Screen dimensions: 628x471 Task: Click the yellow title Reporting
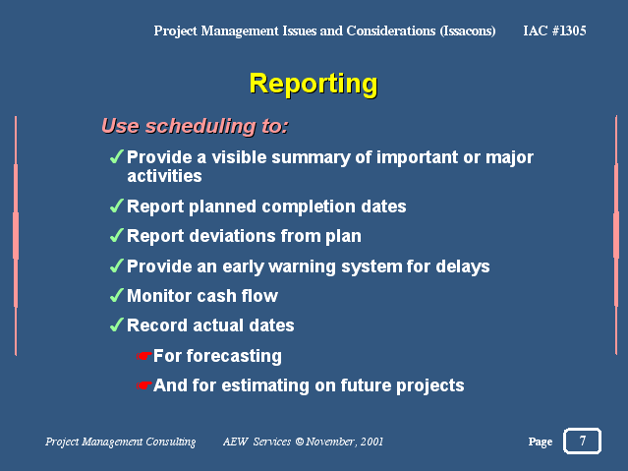pyautogui.click(x=314, y=85)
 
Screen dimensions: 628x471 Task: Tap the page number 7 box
pyautogui.click(x=582, y=441)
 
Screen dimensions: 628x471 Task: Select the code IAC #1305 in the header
pyautogui.click(x=554, y=30)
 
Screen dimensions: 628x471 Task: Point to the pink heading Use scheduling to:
pyautogui.click(x=195, y=126)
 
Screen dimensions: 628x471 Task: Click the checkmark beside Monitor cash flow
pyautogui.click(x=116, y=296)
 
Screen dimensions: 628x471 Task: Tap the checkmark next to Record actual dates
pyautogui.click(x=116, y=325)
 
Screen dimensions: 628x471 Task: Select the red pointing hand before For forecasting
pyautogui.click(x=143, y=356)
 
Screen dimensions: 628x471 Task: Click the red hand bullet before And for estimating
pyautogui.click(x=143, y=385)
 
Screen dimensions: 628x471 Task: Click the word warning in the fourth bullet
pyautogui.click(x=302, y=267)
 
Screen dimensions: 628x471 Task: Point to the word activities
pyautogui.click(x=164, y=176)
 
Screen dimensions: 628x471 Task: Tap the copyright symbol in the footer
pyautogui.click(x=299, y=442)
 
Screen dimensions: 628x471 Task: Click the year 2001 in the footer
pyautogui.click(x=371, y=442)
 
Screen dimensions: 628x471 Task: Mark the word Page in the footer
pyautogui.click(x=541, y=442)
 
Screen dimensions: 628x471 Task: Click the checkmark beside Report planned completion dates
pyautogui.click(x=116, y=206)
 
